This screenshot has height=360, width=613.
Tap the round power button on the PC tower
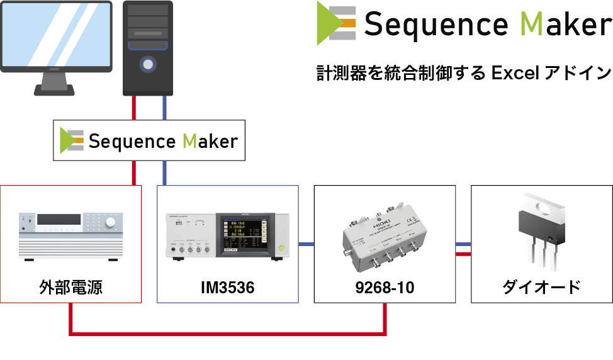[148, 64]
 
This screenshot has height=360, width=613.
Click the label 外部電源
[70, 288]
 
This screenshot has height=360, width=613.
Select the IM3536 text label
[227, 288]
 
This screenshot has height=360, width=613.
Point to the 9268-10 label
[384, 288]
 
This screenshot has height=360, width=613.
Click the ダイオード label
[541, 288]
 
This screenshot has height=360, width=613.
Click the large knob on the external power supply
[111, 222]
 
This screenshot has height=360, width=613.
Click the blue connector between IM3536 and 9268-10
[306, 244]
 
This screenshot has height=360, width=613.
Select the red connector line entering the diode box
[463, 254]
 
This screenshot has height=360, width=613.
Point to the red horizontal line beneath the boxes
[227, 332]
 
